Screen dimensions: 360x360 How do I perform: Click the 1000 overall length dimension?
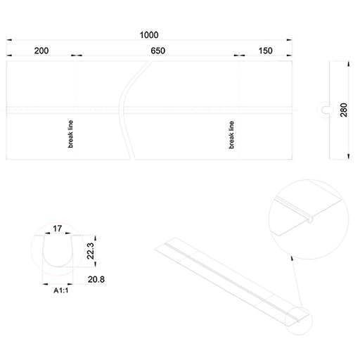tap(149, 35)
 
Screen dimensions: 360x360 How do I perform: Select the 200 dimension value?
tap(41, 51)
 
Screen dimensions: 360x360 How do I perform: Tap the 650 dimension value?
tap(158, 51)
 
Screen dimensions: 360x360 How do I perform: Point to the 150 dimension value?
tap(265, 51)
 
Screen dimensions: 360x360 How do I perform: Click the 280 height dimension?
tap(344, 110)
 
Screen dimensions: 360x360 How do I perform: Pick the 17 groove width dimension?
tap(58, 229)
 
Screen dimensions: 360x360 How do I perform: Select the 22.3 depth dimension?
tap(91, 251)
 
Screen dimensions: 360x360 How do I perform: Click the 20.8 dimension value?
tap(96, 279)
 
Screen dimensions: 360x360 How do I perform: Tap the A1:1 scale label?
tap(61, 290)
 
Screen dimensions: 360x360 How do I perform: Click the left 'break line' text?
tap(70, 134)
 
